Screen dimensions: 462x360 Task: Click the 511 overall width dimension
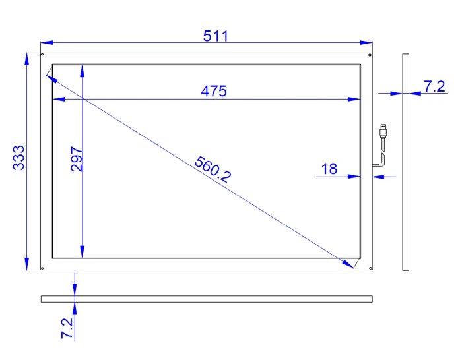(x=216, y=36)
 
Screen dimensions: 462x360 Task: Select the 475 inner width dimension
(x=214, y=91)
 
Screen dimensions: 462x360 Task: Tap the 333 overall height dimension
(x=19, y=158)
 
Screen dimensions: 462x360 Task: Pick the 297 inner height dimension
(x=77, y=160)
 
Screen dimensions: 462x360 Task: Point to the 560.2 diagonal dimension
(x=213, y=169)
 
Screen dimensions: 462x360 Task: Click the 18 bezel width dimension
(x=329, y=169)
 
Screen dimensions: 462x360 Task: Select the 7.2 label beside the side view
(x=434, y=86)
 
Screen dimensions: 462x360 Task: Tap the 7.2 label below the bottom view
(x=67, y=328)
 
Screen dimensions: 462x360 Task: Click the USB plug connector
(x=383, y=131)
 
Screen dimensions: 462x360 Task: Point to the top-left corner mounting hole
(x=42, y=55)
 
